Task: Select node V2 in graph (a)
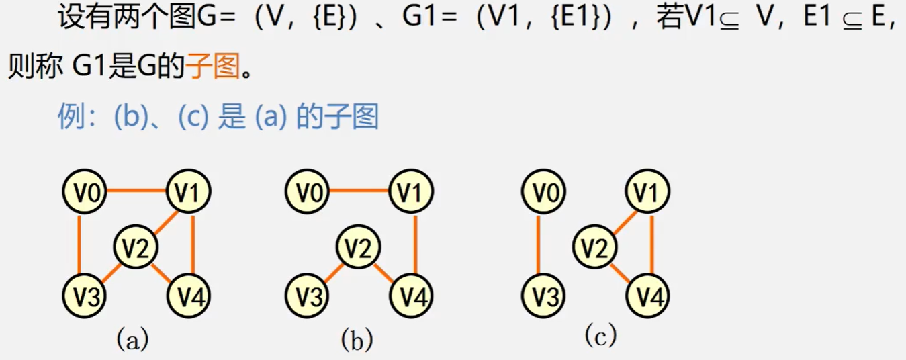(x=136, y=248)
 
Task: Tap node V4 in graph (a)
(x=189, y=296)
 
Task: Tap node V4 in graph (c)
(x=648, y=296)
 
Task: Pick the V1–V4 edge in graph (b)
(x=415, y=244)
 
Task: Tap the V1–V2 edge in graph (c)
(x=624, y=220)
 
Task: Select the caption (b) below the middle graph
(x=356, y=340)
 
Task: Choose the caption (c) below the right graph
(x=600, y=335)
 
